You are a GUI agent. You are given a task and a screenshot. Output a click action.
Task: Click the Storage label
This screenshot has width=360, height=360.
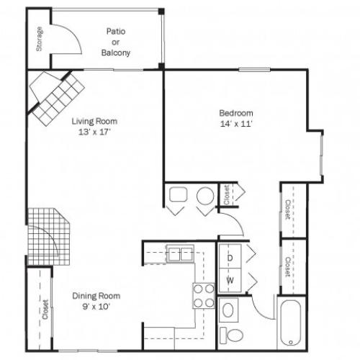point(40,39)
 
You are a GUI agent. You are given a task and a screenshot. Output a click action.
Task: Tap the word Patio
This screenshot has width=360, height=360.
point(116,32)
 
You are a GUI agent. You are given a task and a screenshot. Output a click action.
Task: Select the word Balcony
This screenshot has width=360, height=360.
point(116,53)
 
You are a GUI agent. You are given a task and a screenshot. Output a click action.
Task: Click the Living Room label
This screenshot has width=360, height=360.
point(94,121)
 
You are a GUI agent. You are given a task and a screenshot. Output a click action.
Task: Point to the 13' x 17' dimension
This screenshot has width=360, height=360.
point(94,132)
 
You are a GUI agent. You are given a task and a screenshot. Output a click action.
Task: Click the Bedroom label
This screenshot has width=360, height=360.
point(235,113)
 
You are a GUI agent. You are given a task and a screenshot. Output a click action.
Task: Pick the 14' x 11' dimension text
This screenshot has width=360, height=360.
point(235,124)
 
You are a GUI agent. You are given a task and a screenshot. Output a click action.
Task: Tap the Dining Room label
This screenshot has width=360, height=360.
point(96,296)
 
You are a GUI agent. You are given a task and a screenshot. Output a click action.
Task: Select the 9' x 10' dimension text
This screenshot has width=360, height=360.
point(96,307)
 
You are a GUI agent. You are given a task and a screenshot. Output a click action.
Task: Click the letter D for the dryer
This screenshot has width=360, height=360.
point(230,257)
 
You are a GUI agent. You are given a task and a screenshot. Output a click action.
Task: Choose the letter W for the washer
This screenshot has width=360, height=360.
point(230,279)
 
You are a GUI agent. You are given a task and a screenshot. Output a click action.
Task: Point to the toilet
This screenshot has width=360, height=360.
point(231,335)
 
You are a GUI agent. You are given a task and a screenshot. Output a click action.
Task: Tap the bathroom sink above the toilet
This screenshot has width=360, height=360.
point(228,311)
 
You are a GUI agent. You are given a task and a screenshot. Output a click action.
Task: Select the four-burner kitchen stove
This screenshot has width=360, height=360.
point(203,295)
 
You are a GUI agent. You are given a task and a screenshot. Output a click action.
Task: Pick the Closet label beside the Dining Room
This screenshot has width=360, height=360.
point(45,310)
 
